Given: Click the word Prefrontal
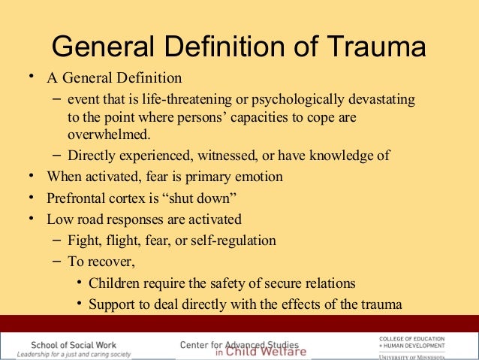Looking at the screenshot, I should pyautogui.click(x=76, y=199).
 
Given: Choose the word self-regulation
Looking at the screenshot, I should pyautogui.click(x=231, y=241).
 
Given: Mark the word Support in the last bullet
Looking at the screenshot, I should pyautogui.click(x=113, y=304).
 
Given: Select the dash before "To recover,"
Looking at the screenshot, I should pyautogui.click(x=58, y=262).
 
